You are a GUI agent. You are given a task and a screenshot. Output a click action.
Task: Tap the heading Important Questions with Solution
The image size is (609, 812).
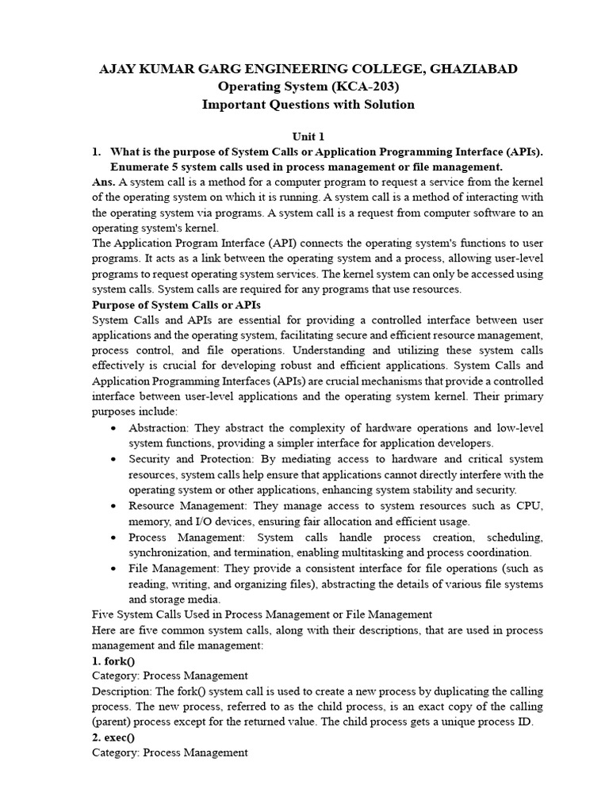pyautogui.click(x=308, y=105)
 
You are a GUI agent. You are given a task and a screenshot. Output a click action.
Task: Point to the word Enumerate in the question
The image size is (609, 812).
pyautogui.click(x=140, y=167)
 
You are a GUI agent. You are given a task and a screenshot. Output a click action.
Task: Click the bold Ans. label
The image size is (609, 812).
pyautogui.click(x=104, y=182)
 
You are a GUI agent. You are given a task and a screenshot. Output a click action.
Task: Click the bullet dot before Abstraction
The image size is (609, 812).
pyautogui.click(x=116, y=428)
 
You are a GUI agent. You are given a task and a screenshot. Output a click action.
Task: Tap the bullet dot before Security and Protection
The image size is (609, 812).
pyautogui.click(x=116, y=459)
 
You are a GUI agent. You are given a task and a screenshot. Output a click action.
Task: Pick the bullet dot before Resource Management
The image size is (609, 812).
pyautogui.click(x=116, y=506)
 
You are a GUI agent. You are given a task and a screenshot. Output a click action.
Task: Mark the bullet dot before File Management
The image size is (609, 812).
pyautogui.click(x=116, y=569)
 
